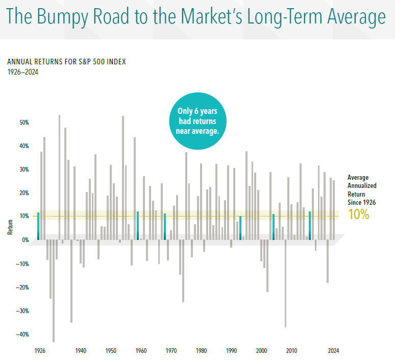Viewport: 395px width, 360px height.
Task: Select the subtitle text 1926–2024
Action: [x=23, y=72]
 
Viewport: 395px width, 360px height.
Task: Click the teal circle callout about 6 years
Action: [x=197, y=121]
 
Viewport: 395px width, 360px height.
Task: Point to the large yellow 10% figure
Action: [x=358, y=214]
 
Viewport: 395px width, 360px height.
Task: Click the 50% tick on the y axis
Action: [x=24, y=123]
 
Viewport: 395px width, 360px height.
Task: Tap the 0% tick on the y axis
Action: [x=25, y=240]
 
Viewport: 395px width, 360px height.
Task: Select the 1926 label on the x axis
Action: [x=40, y=351]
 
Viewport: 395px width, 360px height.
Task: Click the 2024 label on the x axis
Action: [x=333, y=351]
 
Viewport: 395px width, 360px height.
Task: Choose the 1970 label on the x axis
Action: [x=171, y=351]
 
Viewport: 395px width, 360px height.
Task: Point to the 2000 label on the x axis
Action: [x=261, y=351]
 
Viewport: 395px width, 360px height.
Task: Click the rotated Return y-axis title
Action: [x=10, y=227]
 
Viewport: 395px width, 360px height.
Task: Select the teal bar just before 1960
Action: [x=138, y=226]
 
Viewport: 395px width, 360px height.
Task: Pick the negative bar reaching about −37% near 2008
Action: [x=285, y=283]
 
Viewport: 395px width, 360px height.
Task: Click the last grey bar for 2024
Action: [x=334, y=210]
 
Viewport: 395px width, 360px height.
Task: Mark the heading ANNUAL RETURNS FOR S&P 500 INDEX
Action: [x=66, y=62]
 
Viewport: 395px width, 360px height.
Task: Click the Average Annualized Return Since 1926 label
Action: [x=361, y=190]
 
